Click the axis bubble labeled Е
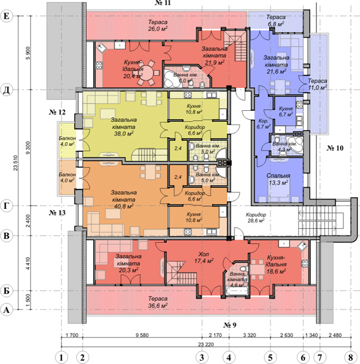click(x=7, y=16)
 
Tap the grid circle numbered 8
click(x=351, y=357)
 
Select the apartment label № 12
click(x=57, y=112)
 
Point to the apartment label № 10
click(x=335, y=148)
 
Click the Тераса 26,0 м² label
click(x=158, y=25)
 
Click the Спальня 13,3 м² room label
click(x=278, y=179)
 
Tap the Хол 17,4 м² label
click(x=204, y=258)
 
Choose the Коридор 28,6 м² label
click(x=256, y=218)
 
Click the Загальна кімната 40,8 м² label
click(x=124, y=199)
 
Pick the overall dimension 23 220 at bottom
click(x=206, y=344)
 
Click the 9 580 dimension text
click(x=142, y=335)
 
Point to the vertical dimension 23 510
click(x=16, y=163)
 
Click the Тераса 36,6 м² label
click(x=158, y=302)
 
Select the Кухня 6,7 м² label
click(x=285, y=111)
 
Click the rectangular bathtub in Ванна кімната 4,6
click(x=236, y=291)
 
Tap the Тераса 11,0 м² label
click(x=317, y=84)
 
